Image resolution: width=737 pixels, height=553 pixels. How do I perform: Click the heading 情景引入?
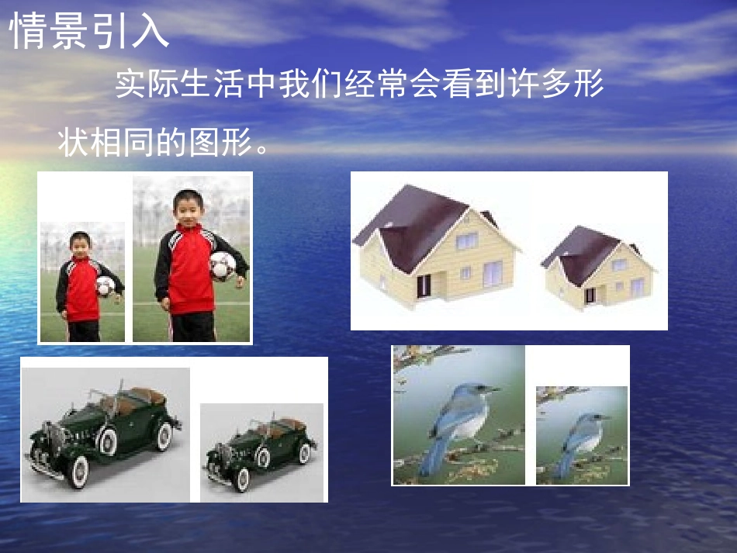tap(88, 31)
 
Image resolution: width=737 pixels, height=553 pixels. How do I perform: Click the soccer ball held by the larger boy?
tap(223, 265)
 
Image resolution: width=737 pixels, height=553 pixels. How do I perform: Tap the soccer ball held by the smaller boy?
tap(105, 285)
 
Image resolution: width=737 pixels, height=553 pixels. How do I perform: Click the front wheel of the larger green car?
tap(78, 471)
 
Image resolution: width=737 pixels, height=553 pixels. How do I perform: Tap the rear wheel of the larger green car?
tap(163, 437)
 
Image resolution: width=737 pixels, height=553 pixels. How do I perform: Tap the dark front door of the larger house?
tap(424, 286)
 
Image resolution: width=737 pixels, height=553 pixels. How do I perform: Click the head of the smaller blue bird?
tap(596, 420)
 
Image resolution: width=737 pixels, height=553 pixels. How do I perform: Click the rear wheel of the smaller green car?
tap(304, 453)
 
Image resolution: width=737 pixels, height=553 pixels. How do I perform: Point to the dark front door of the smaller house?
tap(590, 296)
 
